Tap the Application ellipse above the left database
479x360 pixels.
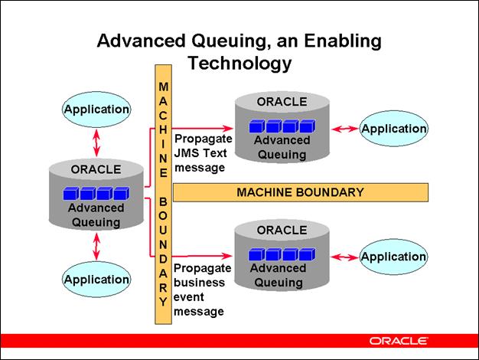tap(96, 110)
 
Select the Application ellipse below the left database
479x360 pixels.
tap(96, 280)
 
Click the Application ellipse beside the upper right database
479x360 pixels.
tap(393, 129)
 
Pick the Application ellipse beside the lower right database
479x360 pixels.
tap(393, 257)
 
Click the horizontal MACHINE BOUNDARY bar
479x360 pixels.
tap(300, 191)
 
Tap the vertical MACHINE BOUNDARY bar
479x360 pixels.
tap(163, 195)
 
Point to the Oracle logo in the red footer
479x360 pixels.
tap(398, 340)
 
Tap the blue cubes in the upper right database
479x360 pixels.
tap(281, 126)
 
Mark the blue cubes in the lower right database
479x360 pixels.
tap(281, 254)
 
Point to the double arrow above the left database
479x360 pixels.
tap(96, 142)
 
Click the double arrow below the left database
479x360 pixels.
tap(96, 247)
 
